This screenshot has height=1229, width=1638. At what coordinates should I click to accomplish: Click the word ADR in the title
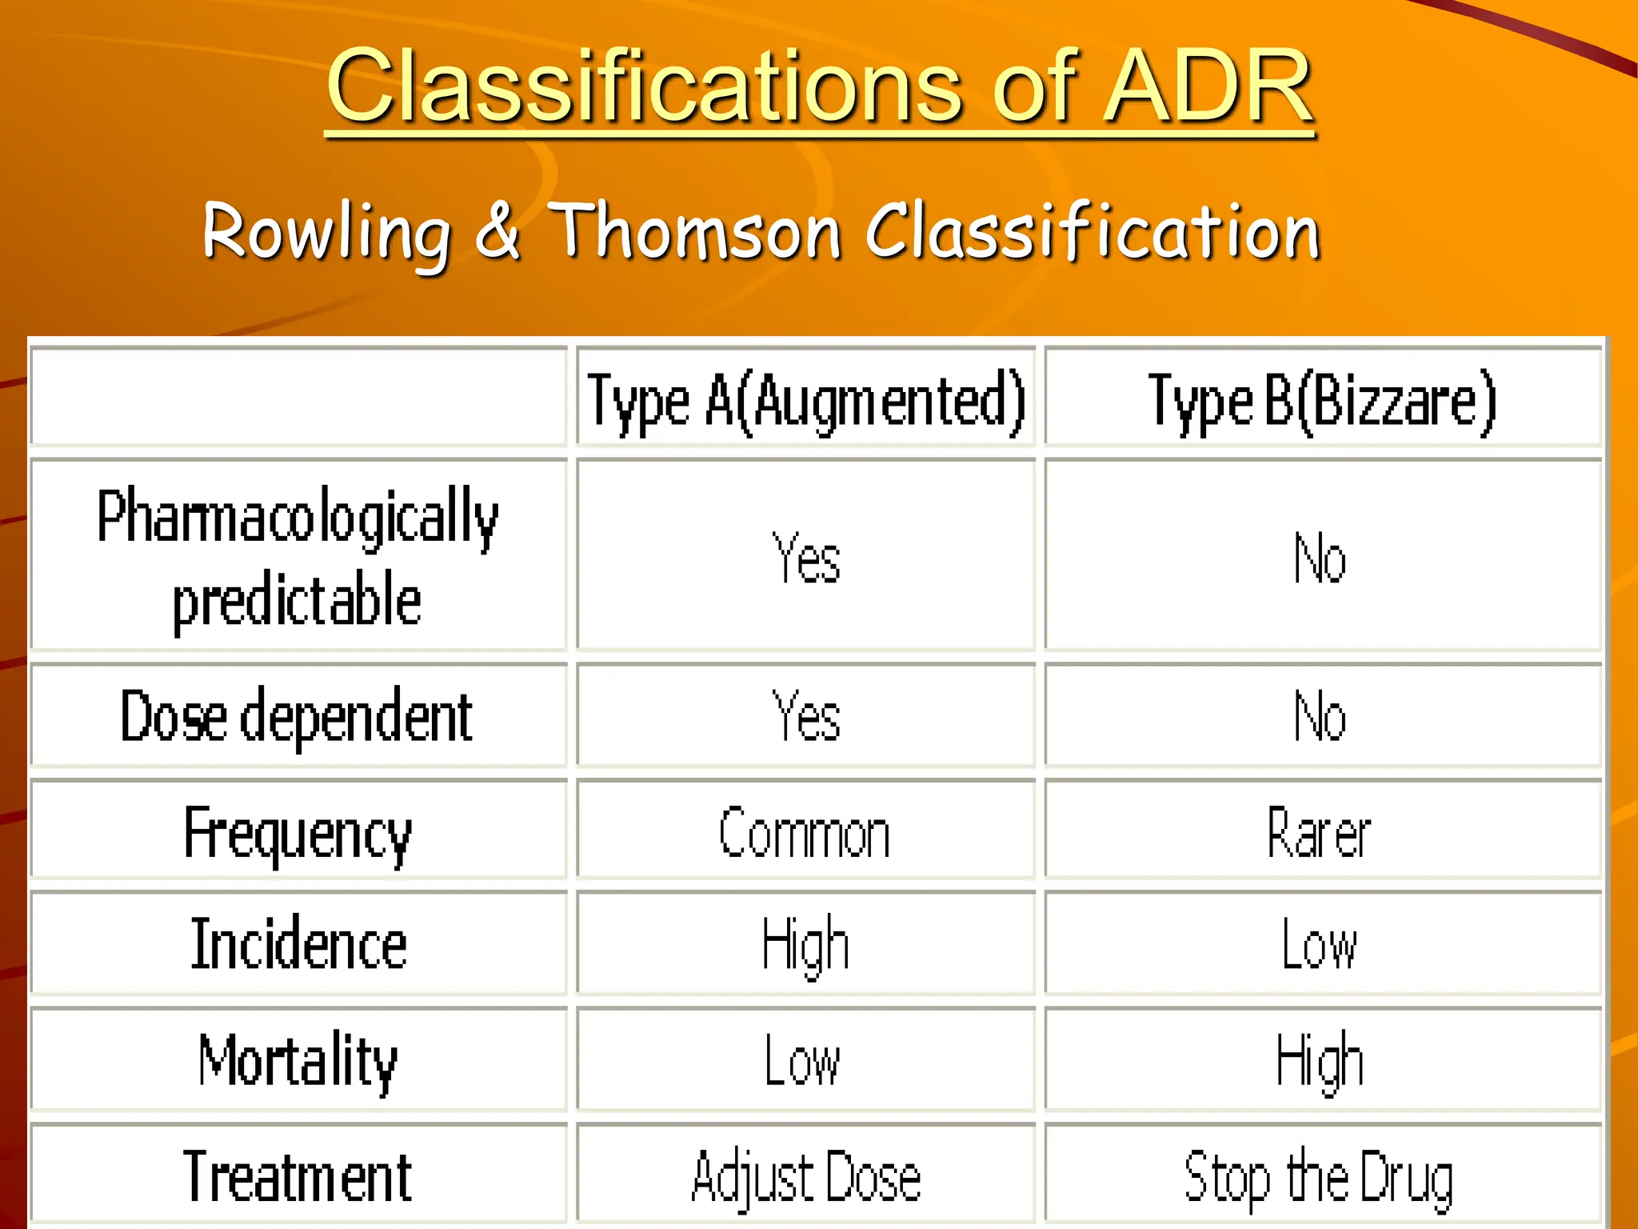[x=1208, y=86]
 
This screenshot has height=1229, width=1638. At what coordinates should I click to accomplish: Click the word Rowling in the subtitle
[x=326, y=232]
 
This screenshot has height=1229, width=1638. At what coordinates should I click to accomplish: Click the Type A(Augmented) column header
[x=806, y=400]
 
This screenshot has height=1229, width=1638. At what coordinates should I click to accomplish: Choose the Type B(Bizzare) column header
[x=1321, y=400]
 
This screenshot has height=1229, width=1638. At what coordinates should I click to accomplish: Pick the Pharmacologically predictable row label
[x=298, y=557]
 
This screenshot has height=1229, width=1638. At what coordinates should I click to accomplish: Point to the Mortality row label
[x=298, y=1061]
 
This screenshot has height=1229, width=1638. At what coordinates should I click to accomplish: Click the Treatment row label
[x=298, y=1176]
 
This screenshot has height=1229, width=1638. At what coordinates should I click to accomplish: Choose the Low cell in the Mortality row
[x=803, y=1061]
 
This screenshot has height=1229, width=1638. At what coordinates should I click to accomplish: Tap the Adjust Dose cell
[x=806, y=1176]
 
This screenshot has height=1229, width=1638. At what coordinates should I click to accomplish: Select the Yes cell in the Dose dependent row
[x=806, y=717]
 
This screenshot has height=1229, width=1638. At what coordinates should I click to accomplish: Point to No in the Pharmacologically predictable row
[x=1320, y=558]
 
